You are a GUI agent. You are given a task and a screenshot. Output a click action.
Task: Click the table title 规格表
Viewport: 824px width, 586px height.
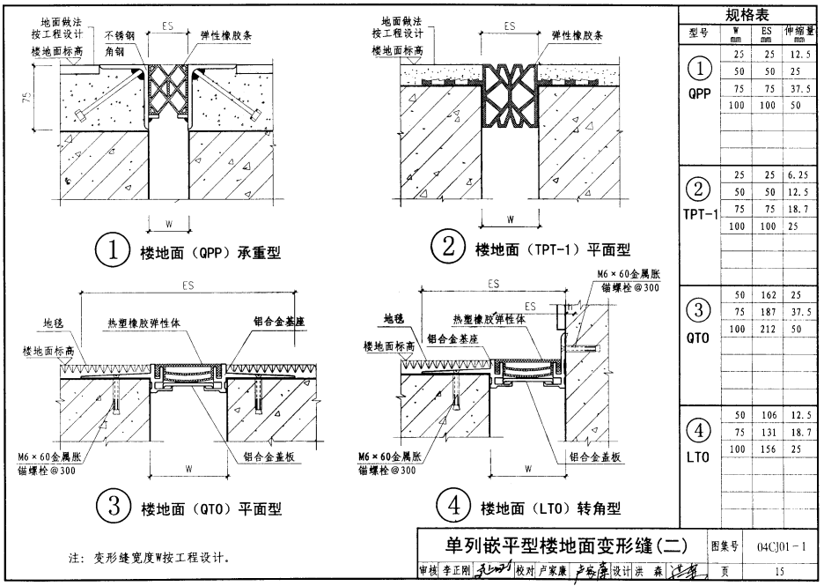point(747,15)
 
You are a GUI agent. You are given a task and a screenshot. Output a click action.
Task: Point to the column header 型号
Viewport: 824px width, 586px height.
point(698,33)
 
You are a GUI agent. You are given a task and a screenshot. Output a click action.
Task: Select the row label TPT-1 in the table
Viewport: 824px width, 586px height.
point(701,214)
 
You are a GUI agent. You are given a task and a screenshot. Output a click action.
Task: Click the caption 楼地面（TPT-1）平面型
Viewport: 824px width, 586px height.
point(552,251)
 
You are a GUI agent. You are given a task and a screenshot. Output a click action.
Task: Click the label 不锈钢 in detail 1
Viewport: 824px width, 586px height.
point(120,36)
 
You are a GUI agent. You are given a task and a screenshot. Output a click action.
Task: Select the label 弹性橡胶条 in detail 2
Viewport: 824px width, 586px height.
point(577,36)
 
